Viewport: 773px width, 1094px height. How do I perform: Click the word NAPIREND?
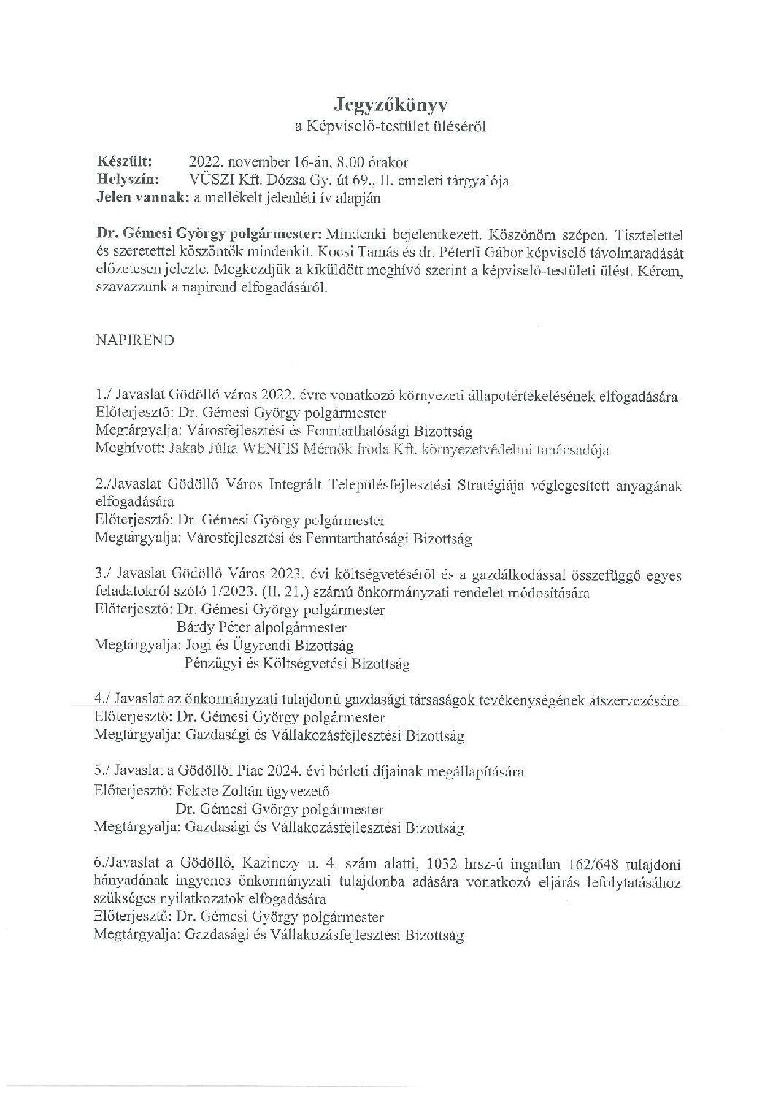135,341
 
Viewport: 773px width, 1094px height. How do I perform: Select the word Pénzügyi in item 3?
209,664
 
